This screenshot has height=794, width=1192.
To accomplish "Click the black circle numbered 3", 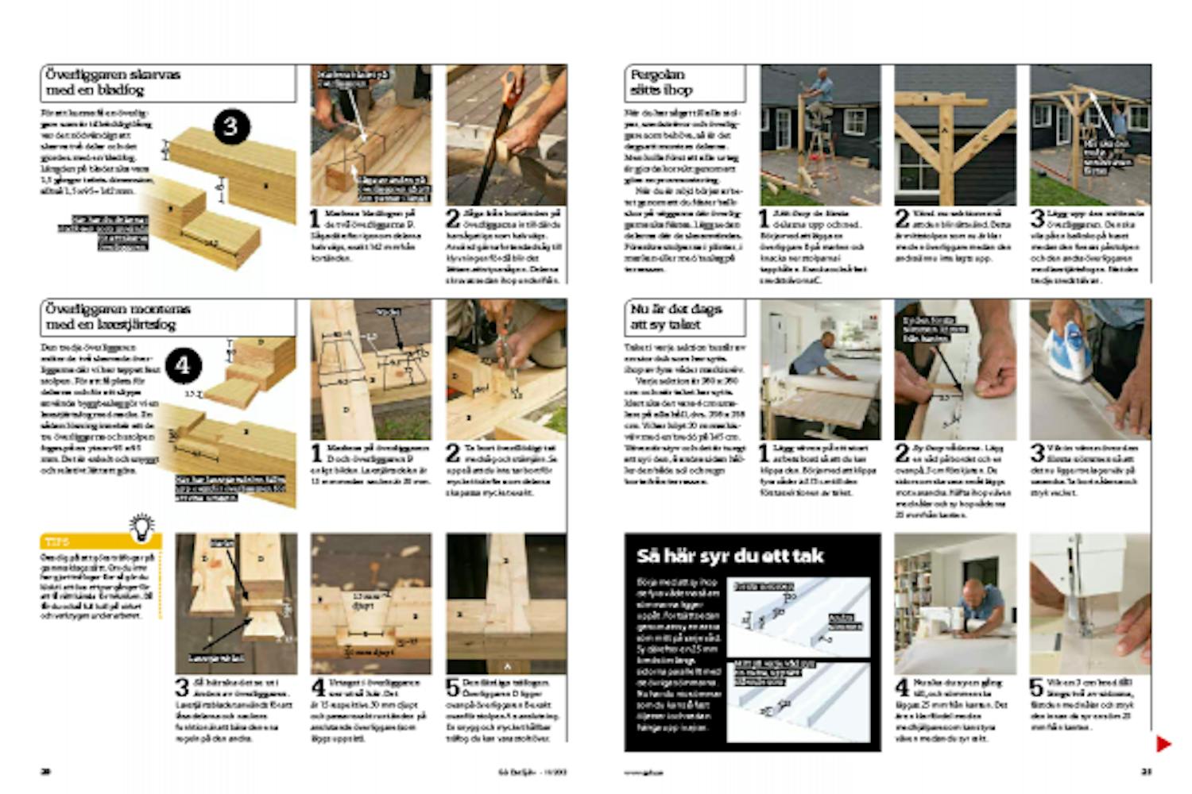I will pos(230,127).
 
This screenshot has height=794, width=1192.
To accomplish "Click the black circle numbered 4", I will pos(184,365).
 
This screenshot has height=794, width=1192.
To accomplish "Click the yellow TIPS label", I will pos(57,542).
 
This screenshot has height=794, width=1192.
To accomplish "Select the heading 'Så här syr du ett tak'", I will pos(730,556).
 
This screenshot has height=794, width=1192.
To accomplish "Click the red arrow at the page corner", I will pos(1163,744).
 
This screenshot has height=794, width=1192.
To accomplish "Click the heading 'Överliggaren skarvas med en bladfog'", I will pos(112,83).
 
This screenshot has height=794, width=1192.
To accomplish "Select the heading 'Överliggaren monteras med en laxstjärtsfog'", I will pos(118,317).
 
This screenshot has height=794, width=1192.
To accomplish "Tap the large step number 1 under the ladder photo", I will pos(764,218).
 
